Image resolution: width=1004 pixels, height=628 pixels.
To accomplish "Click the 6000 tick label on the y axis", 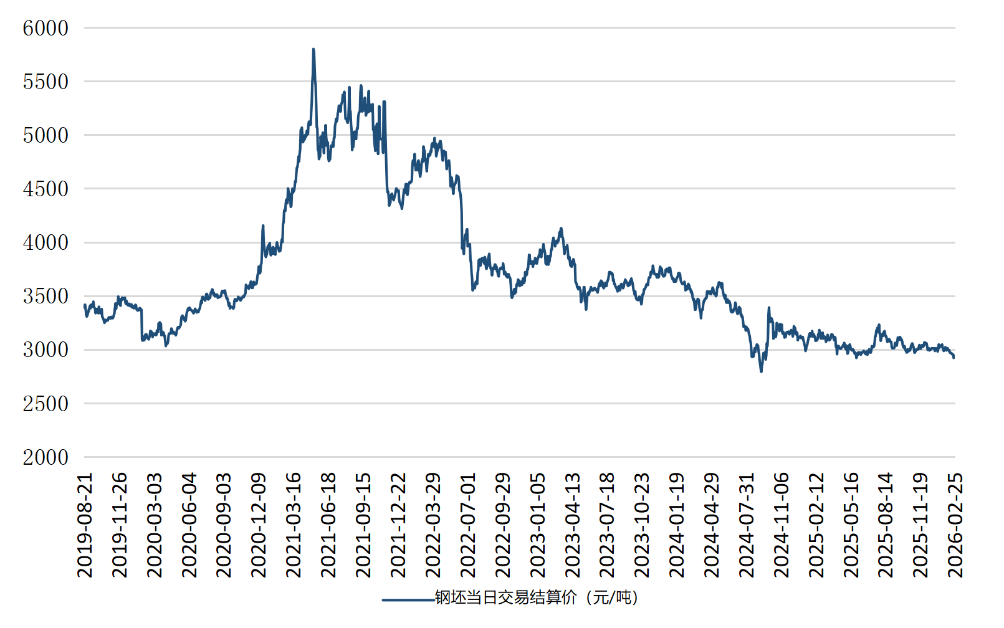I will [45, 28].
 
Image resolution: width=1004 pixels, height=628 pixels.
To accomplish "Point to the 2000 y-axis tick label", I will [45, 457].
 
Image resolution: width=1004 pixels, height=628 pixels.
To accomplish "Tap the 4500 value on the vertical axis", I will [45, 189].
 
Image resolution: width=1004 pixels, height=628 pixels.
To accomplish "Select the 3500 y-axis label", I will [45, 297].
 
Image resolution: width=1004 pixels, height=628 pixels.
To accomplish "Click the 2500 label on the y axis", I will [45, 404].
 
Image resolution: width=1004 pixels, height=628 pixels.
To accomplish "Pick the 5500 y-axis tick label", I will [45, 82].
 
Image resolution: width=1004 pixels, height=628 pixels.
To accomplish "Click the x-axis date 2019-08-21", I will [85, 525].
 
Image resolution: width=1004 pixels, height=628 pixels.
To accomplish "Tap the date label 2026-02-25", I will [955, 525].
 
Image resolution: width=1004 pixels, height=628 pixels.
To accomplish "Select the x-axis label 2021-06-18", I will [328, 525].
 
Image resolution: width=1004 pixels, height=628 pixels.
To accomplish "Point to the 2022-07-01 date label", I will [468, 525].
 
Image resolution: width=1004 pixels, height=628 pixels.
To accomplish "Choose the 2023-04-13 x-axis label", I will [572, 525].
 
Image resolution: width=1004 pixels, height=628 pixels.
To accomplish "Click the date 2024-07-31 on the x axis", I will [747, 525].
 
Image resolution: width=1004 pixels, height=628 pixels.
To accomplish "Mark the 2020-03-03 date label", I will [155, 525].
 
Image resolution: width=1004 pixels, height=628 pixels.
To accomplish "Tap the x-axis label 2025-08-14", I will [886, 525].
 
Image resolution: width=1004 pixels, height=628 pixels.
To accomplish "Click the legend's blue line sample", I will [408, 600].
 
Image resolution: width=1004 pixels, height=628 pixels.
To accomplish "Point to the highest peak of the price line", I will [313, 49].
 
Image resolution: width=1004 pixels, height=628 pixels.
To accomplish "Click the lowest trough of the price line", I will [761, 371].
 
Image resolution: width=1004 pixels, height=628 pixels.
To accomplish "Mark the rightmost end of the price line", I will [954, 357].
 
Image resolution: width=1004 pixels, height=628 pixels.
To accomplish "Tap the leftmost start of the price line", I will [84, 305].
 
